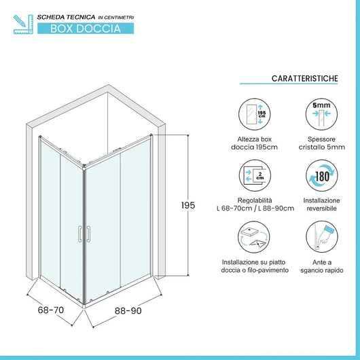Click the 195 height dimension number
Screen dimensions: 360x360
click(195, 206)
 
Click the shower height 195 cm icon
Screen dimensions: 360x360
click(253, 113)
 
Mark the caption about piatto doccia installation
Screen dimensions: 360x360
click(253, 266)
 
